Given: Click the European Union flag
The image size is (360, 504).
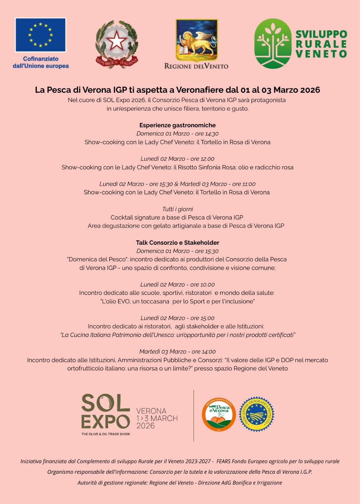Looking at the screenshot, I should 40,35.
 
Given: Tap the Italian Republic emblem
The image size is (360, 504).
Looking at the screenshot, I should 117,44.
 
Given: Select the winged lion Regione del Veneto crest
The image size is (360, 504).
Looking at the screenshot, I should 197,40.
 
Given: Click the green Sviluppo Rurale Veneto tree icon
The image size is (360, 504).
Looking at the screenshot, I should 273,43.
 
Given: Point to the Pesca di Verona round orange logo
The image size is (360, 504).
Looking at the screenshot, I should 219,414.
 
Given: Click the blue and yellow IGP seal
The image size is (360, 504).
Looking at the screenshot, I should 256,414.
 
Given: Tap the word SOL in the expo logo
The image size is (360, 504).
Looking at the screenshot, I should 106,404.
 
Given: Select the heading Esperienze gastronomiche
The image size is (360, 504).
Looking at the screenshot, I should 177,125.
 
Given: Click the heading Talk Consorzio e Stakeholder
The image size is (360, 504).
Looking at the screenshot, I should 177,243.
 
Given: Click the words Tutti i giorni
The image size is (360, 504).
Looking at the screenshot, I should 177,209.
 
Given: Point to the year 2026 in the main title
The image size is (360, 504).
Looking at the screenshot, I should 310,90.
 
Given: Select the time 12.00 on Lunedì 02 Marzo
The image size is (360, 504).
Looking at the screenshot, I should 207,159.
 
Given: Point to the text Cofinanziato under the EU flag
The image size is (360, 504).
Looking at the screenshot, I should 41,59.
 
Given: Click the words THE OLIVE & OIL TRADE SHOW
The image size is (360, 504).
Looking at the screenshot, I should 106,434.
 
